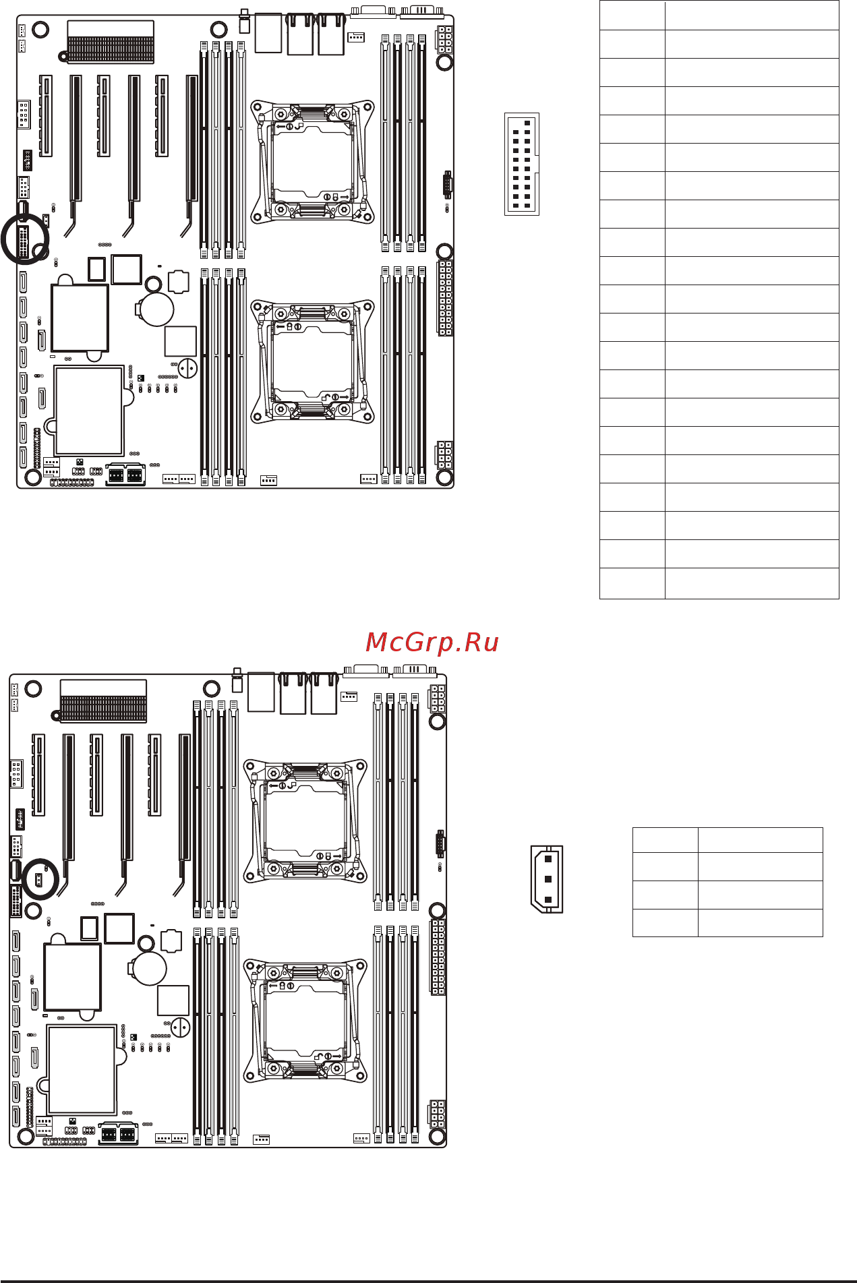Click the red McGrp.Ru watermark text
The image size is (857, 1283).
point(432,643)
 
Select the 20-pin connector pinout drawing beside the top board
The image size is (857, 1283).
point(521,164)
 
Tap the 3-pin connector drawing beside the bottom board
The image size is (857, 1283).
point(547,879)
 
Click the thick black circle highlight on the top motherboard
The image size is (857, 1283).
point(25,238)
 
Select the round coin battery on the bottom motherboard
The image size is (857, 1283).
point(150,968)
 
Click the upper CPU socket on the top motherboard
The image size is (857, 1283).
point(312,162)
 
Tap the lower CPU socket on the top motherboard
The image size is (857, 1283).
point(312,361)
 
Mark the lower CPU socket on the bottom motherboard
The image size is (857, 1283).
point(305,1020)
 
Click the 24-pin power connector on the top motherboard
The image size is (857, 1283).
point(445,298)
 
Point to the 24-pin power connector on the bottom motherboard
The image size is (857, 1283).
point(438,957)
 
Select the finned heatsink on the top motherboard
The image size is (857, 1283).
point(111,42)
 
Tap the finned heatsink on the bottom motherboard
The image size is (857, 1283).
point(103,700)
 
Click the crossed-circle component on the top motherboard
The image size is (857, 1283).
point(187,368)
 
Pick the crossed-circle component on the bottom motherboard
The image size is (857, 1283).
point(180,1027)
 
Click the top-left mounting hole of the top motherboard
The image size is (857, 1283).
point(40,30)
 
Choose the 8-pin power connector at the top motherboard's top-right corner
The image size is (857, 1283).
point(444,40)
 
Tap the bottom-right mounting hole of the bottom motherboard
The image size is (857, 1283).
point(437,1136)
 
